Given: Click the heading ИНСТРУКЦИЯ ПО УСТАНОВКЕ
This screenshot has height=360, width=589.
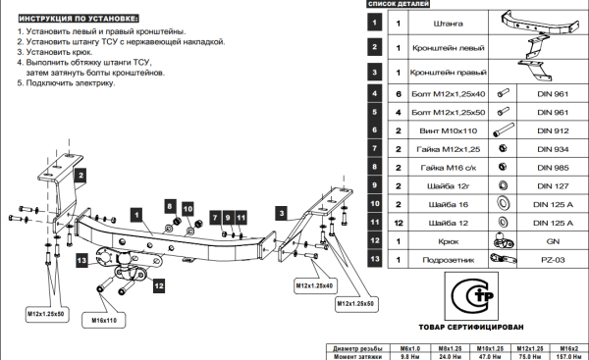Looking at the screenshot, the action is point(79,19).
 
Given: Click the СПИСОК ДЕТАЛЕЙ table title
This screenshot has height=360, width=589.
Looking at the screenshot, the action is point(399,4).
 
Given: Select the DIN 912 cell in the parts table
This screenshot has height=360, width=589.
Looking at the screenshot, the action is point(553,130).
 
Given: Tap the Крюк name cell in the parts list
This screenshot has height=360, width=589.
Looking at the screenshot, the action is point(449,241).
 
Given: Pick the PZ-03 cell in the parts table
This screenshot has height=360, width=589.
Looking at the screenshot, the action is point(553,260).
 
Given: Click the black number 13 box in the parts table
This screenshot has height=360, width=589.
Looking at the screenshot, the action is point(375,259).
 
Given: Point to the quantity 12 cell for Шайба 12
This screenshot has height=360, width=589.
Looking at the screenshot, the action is point(399,223).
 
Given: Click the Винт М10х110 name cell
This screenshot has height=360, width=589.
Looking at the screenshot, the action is point(449,130).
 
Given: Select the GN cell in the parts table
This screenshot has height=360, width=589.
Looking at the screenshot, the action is point(553,241).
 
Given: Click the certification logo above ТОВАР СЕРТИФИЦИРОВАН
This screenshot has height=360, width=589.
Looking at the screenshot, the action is point(471,296).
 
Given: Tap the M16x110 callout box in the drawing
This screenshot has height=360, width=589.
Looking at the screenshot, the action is point(104,321).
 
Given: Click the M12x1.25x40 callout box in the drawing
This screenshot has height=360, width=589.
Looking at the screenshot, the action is point(314,285).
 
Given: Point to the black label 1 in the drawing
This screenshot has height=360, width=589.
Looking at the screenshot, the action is point(136,215).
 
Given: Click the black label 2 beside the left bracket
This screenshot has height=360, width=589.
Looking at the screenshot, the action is point(80,175).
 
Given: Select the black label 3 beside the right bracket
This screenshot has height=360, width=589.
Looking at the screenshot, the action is point(282,214).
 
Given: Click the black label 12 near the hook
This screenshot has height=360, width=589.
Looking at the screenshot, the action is point(159,286).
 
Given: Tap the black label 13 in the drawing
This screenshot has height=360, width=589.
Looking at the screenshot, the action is point(81,261).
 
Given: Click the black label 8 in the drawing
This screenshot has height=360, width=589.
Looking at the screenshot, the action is point(170,206).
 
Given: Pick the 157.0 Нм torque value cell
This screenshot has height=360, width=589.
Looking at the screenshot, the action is point(569,356).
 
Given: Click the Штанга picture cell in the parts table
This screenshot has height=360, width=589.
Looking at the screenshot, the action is point(539,23).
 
